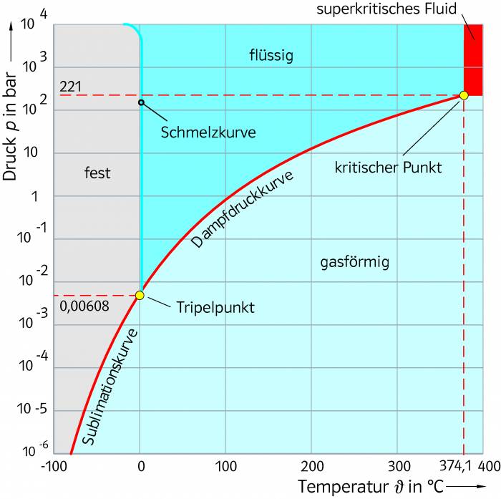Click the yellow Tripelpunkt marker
click(x=140, y=295)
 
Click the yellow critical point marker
click(x=464, y=95)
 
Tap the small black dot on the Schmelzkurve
click(x=141, y=102)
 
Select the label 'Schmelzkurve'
click(x=208, y=132)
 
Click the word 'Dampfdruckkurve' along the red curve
click(x=244, y=208)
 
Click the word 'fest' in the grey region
click(x=97, y=173)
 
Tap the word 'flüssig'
click(x=271, y=55)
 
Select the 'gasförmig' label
click(x=354, y=263)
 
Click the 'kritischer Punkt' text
click(x=388, y=168)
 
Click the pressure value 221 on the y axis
click(x=71, y=87)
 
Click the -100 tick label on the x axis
click(x=54, y=466)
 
